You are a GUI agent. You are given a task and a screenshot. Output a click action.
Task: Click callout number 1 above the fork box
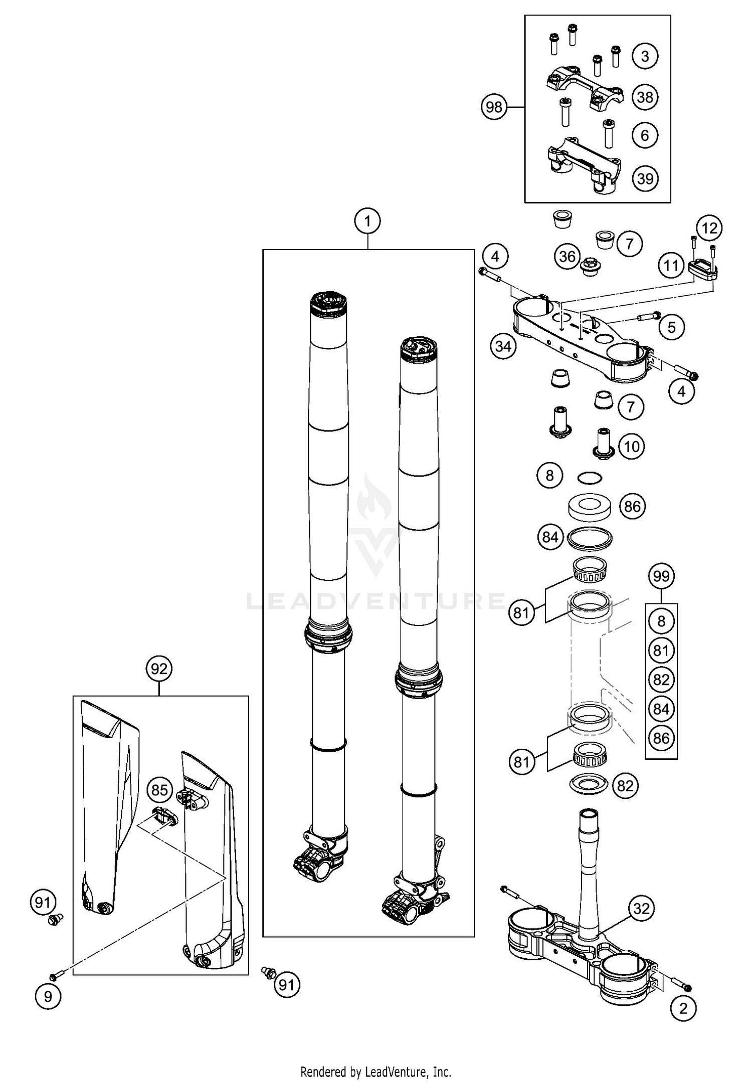pyautogui.click(x=367, y=221)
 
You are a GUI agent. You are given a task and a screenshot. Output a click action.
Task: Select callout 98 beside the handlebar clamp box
pyautogui.click(x=494, y=107)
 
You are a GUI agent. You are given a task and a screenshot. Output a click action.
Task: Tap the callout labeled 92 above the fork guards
pyautogui.click(x=159, y=669)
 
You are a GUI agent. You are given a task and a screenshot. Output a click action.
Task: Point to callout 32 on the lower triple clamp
pyautogui.click(x=641, y=909)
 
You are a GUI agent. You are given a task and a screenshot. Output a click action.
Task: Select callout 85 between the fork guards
pyautogui.click(x=159, y=790)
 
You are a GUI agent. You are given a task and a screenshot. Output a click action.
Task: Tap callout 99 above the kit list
pyautogui.click(x=661, y=576)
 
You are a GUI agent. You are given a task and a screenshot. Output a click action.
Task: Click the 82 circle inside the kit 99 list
pyautogui.click(x=661, y=680)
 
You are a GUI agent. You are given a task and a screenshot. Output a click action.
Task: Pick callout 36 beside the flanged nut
pyautogui.click(x=567, y=257)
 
